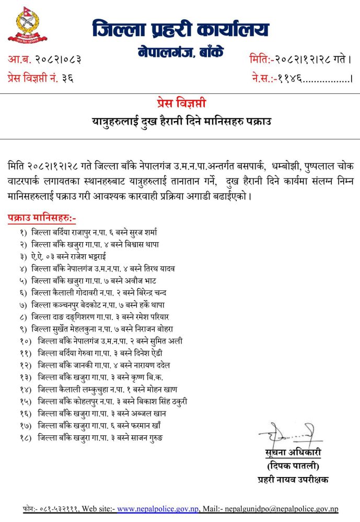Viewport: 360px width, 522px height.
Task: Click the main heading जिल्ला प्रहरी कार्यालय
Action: point(181,28)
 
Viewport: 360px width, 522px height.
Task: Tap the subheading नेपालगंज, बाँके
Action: point(181,53)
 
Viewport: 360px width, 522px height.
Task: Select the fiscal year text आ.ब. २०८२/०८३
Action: point(44,60)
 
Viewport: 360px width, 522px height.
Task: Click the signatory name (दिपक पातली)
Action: point(292,466)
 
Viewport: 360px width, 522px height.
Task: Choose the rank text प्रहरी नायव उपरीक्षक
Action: point(292,479)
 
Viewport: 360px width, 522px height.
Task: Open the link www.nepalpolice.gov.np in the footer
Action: point(157,509)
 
